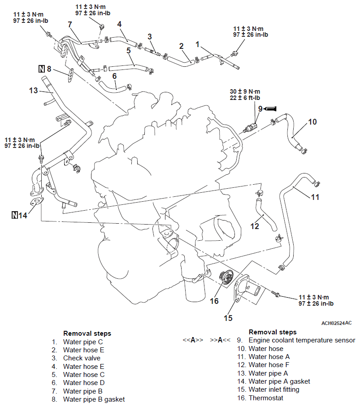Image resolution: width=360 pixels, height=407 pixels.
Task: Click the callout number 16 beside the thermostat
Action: coord(214,301)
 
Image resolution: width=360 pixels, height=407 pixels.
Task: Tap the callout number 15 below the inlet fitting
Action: coord(228,318)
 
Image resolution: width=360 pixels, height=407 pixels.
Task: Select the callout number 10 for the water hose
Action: coord(312,121)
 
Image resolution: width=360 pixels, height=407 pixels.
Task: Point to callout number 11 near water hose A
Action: coord(315,196)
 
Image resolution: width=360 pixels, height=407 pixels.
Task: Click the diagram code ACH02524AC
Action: coord(336,323)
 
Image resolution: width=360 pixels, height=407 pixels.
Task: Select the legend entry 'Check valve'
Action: coord(82,358)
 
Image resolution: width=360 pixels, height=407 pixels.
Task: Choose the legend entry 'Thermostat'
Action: coord(266,398)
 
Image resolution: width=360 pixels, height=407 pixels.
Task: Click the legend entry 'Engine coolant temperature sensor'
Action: coord(302,340)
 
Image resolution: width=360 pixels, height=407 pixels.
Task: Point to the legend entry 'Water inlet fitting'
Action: coord(274,390)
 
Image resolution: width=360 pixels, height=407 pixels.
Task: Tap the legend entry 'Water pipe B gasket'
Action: coord(94,399)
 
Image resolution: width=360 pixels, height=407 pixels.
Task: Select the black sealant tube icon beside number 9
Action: coord(270,108)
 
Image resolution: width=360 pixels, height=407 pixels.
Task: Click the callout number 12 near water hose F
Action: coord(255,226)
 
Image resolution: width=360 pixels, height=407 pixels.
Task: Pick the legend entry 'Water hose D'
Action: coord(84,382)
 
